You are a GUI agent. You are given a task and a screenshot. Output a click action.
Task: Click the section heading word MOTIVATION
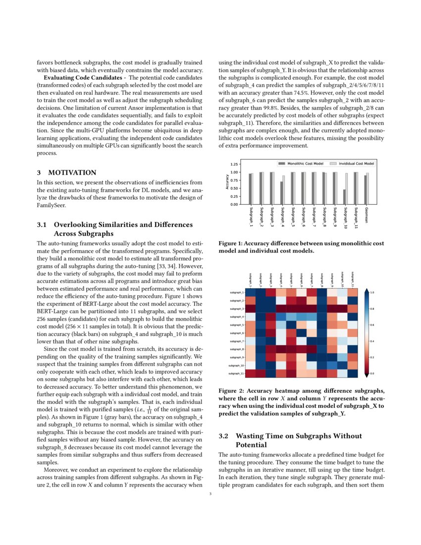[x=72, y=173]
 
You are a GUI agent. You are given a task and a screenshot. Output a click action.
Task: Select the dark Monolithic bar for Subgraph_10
[x=344, y=197]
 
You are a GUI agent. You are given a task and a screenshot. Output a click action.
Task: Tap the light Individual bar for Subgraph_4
[x=284, y=190]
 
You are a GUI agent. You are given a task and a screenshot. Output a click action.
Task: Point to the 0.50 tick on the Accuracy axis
[x=234, y=188]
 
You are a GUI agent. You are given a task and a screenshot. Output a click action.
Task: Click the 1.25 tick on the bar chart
[x=234, y=164]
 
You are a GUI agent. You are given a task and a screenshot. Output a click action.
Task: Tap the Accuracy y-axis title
[x=227, y=182]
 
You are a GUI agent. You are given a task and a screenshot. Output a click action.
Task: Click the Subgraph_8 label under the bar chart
[x=324, y=217]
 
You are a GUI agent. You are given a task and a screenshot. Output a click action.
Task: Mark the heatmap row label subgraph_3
[x=236, y=309]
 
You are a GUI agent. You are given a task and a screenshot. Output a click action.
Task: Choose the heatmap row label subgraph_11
[x=235, y=373]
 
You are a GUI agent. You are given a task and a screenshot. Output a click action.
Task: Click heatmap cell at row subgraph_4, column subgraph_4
[x=281, y=317]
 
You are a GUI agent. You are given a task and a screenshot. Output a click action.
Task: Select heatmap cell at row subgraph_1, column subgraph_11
[x=352, y=292]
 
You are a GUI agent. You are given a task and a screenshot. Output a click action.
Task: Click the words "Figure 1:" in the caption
[x=231, y=244]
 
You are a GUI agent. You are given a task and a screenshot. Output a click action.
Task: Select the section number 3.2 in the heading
[x=223, y=436]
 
